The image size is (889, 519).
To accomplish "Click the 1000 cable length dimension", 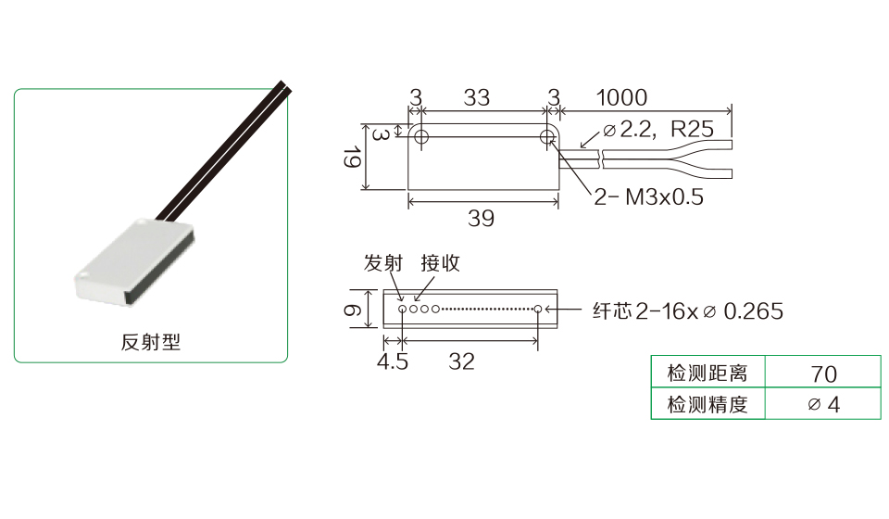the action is point(621,97).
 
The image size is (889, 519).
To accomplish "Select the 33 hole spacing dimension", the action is point(476,97).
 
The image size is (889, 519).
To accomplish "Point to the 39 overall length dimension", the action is point(481,219).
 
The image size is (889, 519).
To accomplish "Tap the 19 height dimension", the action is point(352,158).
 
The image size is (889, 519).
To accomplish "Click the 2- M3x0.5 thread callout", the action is point(648,197).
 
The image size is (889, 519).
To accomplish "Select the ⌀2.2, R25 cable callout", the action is point(658,130).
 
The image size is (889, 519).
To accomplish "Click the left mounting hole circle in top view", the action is point(421,136).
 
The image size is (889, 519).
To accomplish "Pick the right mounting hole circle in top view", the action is point(547,136).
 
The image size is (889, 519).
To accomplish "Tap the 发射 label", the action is point(383,263).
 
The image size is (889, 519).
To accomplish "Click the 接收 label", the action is point(440,263).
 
